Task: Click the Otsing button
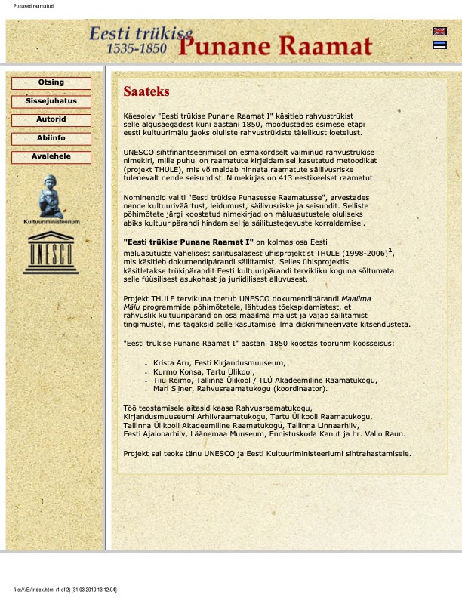[x=51, y=83]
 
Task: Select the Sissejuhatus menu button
[x=51, y=101]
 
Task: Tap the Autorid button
[x=51, y=120]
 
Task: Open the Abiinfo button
[x=51, y=138]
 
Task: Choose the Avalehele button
[x=51, y=157]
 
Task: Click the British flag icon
[x=439, y=32]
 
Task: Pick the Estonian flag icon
[x=439, y=45]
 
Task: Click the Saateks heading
[x=146, y=91]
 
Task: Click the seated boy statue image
[x=51, y=196]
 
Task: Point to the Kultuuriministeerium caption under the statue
[x=51, y=222]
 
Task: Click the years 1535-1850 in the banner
[x=137, y=48]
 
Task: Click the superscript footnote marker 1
[x=390, y=250]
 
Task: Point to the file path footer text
[x=66, y=590]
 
